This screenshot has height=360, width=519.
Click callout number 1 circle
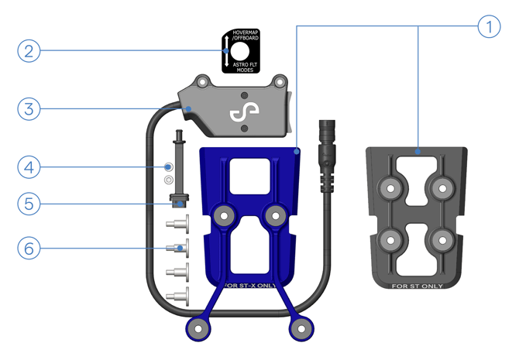487,28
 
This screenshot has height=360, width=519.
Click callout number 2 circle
28,52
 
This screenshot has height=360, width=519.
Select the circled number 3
28,108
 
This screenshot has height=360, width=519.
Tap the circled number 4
28,166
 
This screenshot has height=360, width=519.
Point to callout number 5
28,204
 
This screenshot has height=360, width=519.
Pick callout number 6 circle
28,249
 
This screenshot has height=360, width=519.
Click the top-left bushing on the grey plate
390,187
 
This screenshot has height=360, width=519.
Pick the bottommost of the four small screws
174,295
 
